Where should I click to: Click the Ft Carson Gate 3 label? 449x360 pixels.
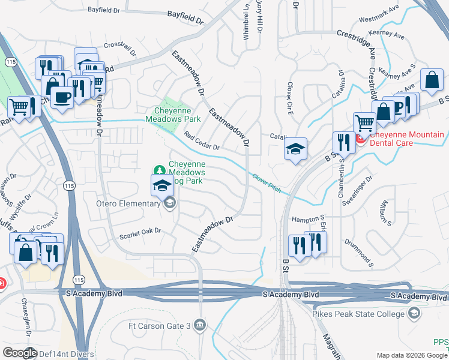pyautogui.click(x=159, y=326)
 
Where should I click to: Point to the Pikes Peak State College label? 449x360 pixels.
pyautogui.click(x=358, y=313)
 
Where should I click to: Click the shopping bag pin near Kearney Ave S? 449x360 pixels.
pyautogui.click(x=432, y=81)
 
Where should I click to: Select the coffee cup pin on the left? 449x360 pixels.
pyautogui.click(x=62, y=96)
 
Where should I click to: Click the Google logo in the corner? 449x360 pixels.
pyautogui.click(x=20, y=353)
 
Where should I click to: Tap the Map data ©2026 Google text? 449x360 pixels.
pyautogui.click(x=410, y=355)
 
